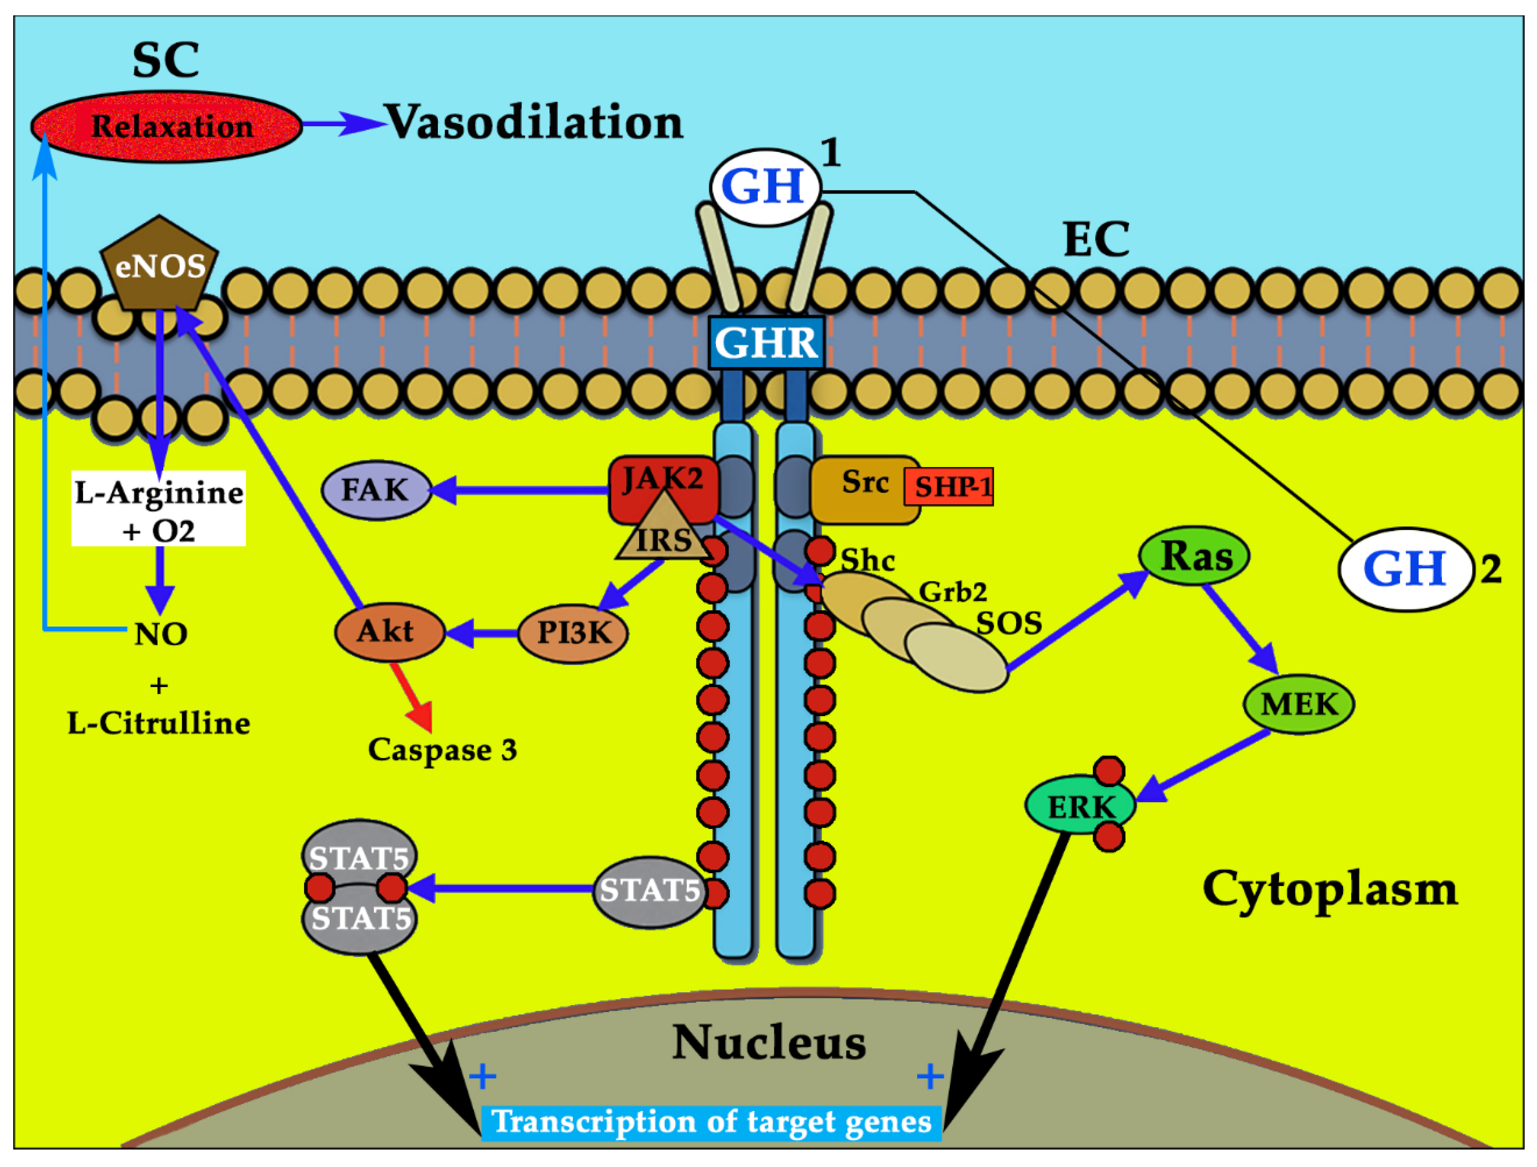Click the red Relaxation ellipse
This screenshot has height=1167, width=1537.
(167, 127)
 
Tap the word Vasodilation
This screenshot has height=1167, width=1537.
(534, 123)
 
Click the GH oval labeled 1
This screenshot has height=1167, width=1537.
(765, 187)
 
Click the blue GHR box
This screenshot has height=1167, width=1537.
(766, 342)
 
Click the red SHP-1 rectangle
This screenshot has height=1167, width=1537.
(949, 487)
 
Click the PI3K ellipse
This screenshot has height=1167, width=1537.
(573, 633)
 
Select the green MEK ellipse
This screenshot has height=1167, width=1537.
(1298, 705)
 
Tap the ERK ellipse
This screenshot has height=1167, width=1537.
(1080, 806)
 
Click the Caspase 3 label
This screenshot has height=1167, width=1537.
(443, 750)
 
